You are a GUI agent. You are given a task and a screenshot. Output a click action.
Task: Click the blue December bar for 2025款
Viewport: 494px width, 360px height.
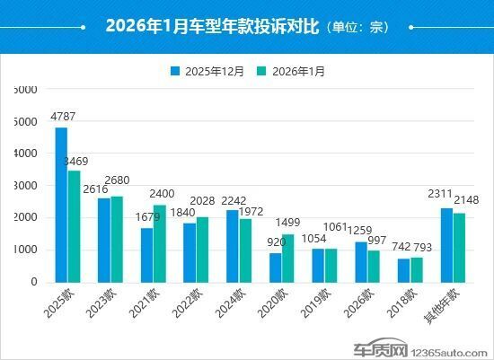coord(61,205)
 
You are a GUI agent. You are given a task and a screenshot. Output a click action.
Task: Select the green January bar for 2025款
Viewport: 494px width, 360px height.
coord(74,226)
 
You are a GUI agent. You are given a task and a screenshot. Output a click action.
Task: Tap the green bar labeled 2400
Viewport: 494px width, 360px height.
coord(159,243)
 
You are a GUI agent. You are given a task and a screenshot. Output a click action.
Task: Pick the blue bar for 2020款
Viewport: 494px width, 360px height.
coord(276,268)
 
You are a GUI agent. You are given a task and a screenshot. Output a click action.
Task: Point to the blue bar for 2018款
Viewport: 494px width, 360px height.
coord(403,270)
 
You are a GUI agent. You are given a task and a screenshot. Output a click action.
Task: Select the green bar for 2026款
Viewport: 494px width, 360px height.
coord(374,266)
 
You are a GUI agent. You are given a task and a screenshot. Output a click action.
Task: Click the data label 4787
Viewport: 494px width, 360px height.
coord(63,117)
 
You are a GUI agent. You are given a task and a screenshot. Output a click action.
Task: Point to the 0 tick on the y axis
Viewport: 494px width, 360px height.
coord(34,282)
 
